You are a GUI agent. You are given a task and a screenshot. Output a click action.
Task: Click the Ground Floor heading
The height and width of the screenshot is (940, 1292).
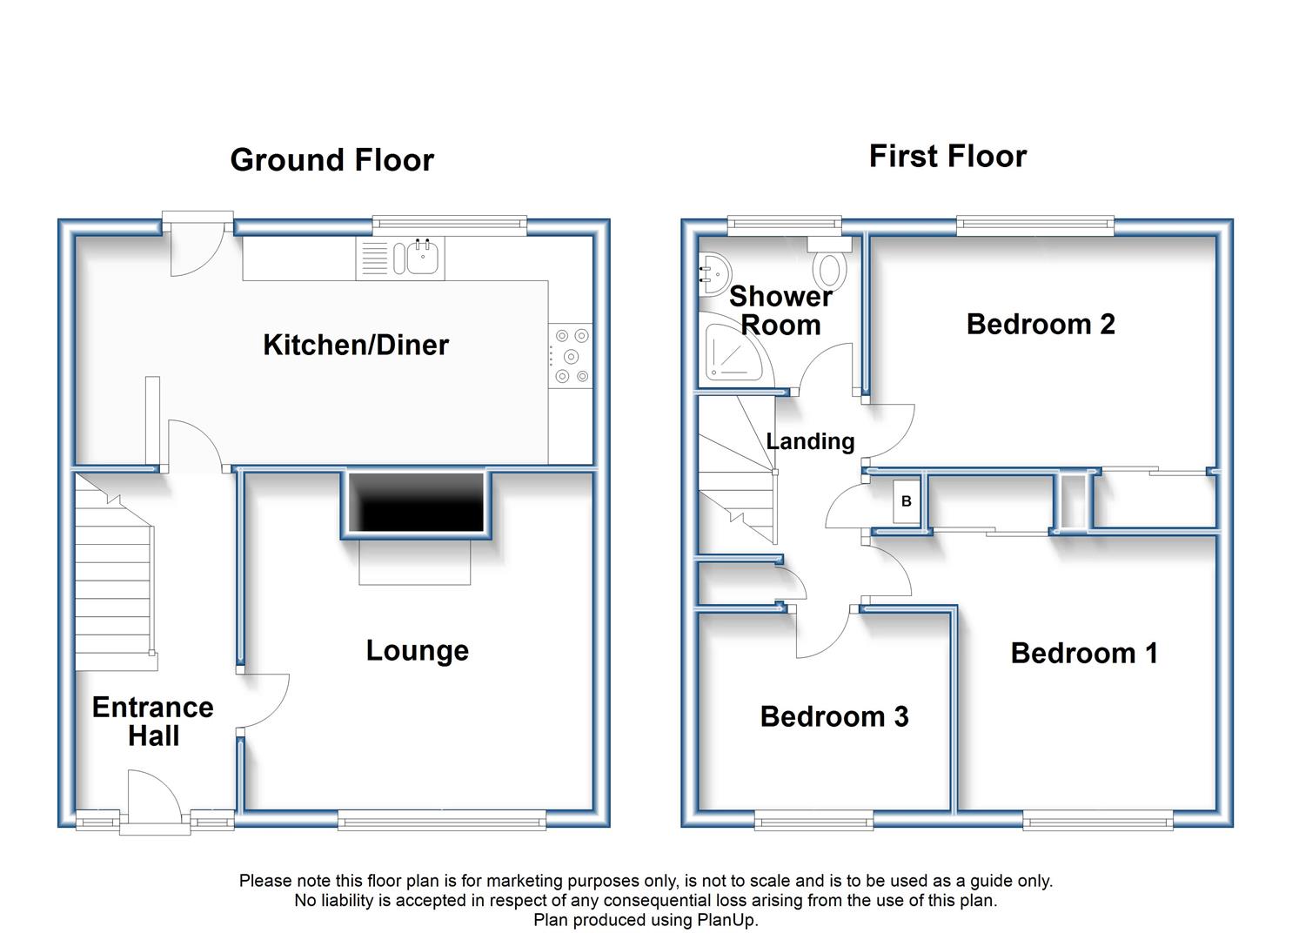[331, 160]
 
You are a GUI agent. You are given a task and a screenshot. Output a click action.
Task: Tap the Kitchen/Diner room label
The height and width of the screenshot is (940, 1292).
[356, 345]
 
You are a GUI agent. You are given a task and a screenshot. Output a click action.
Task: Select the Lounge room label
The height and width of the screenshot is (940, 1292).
[418, 651]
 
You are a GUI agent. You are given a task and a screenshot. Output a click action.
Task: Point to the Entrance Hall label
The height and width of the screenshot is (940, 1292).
[153, 722]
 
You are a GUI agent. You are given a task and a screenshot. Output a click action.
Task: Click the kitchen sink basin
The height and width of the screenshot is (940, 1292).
[423, 258]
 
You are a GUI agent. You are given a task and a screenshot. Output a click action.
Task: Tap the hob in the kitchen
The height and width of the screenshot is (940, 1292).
[571, 355]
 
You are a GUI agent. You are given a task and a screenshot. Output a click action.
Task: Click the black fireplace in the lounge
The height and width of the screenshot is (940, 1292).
[416, 502]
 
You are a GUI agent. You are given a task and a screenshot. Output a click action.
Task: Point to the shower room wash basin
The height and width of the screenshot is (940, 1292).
[714, 274]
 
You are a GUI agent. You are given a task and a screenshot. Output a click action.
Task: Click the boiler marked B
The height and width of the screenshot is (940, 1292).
[906, 501]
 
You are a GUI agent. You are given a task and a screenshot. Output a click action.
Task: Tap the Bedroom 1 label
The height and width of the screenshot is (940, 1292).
[1084, 653]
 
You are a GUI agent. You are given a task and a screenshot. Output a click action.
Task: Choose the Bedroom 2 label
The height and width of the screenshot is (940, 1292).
[1041, 325]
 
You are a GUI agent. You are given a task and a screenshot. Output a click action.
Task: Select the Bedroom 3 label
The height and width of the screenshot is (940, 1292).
[834, 716]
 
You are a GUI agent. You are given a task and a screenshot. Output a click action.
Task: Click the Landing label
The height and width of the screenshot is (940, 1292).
[810, 441]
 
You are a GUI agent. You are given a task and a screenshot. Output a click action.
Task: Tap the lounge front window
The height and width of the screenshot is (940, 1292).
[442, 820]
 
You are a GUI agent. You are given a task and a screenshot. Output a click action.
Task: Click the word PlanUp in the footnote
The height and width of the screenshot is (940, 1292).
[726, 920]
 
